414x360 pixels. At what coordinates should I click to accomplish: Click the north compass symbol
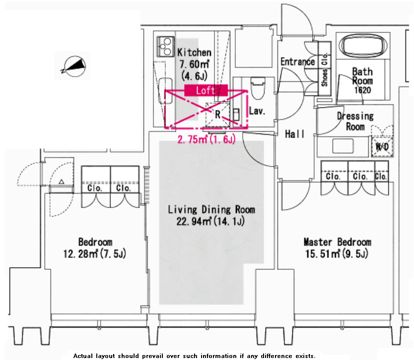73,66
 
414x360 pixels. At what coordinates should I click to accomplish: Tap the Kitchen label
194,52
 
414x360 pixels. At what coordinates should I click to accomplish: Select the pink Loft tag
206,90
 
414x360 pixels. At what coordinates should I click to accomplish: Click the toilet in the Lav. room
258,88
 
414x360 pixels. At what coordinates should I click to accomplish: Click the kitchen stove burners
166,47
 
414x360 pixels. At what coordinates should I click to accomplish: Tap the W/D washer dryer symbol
382,146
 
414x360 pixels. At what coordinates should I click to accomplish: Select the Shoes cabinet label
324,77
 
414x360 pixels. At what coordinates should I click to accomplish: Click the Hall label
295,134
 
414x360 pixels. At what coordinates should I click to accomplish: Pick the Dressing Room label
355,121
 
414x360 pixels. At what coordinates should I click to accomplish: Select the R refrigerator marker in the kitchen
217,115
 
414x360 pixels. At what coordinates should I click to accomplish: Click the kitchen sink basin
165,90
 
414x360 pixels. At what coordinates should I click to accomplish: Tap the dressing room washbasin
343,146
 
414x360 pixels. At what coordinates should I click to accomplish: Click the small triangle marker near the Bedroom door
62,181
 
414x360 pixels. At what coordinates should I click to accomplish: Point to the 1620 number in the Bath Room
362,90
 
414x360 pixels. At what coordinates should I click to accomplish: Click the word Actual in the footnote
83,356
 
